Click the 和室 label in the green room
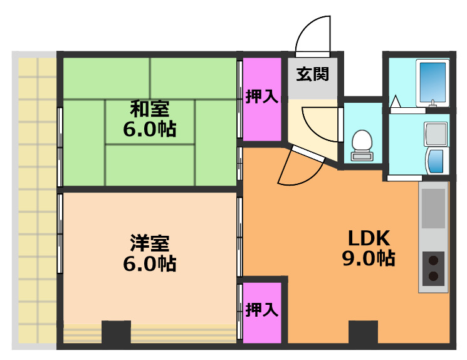(149, 109)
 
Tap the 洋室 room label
(149, 241)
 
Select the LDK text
(369, 238)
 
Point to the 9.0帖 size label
(369, 258)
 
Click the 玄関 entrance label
(312, 75)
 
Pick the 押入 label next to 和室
(261, 97)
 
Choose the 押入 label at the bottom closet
(261, 309)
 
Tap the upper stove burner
(433, 259)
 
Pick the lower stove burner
(433, 276)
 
